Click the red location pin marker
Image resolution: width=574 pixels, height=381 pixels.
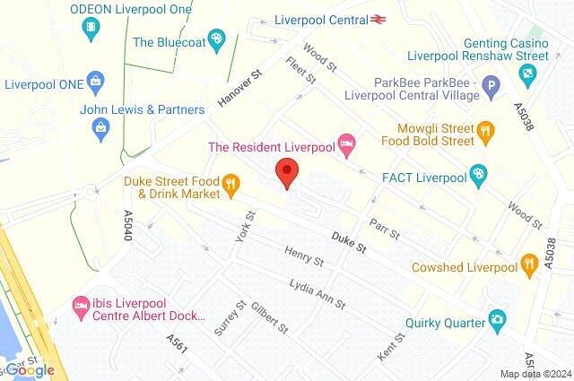point(286,171)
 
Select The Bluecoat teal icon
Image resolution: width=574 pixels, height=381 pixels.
point(216,40)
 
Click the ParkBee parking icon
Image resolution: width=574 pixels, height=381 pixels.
point(490,87)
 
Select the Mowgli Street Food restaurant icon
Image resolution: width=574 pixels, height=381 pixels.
point(486,131)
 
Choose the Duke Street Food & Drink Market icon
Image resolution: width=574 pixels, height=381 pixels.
point(231,186)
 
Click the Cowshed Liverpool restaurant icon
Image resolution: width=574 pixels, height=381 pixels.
point(530,267)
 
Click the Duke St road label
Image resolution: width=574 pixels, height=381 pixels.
point(349,239)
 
